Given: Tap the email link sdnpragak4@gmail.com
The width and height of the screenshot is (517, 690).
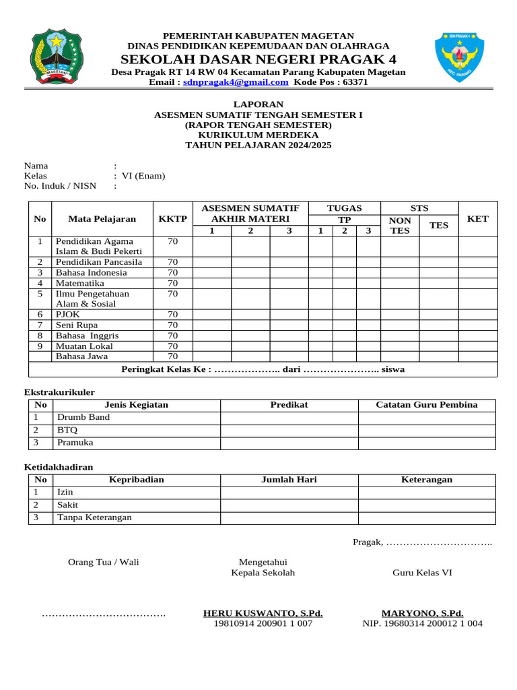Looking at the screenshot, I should click(236, 82).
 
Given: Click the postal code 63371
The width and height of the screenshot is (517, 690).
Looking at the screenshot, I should click(355, 82).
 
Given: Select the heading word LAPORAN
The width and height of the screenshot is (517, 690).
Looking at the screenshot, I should click(258, 104).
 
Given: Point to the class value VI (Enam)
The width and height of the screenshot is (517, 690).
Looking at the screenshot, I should click(143, 176).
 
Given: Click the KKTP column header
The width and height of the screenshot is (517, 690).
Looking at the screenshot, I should click(172, 218).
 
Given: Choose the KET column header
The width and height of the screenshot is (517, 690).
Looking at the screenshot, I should click(477, 218).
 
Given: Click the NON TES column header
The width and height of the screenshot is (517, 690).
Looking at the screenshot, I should click(400, 225).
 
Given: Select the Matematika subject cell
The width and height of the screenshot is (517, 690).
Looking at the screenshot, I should click(80, 283).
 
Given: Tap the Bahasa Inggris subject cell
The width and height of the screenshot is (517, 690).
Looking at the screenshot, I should click(88, 335).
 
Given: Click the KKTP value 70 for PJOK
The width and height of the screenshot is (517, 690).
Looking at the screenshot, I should click(172, 314).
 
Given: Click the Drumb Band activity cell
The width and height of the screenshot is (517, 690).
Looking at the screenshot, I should click(83, 417).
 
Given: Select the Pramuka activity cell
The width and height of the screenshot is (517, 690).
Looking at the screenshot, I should click(75, 443).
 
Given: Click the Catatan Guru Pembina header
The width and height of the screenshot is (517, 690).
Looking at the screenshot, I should click(426, 404).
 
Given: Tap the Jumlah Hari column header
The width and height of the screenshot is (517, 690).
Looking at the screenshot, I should click(289, 479).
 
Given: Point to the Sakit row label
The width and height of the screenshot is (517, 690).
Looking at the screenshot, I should click(67, 505).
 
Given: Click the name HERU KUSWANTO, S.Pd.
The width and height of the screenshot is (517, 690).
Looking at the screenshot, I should click(263, 613).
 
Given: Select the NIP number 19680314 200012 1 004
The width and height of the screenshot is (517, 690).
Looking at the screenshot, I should click(423, 623).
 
